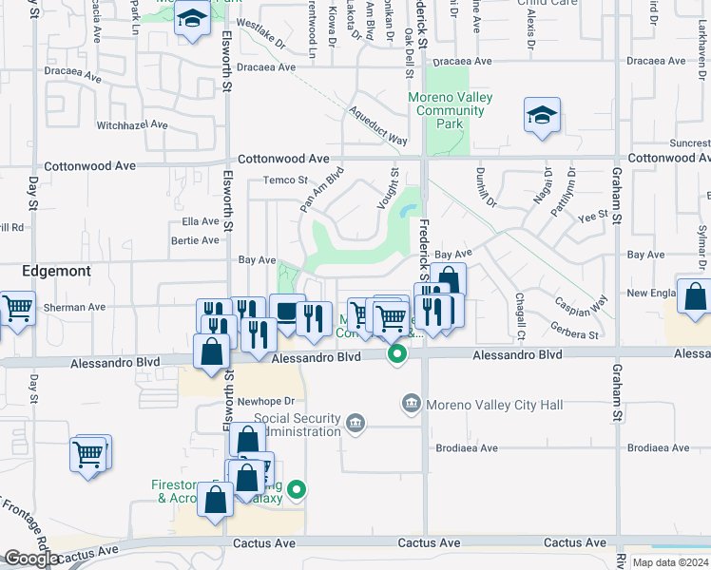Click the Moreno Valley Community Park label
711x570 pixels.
point(445,111)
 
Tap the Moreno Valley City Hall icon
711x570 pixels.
point(412,405)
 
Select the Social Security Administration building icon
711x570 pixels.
point(355,422)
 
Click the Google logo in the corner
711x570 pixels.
point(30,559)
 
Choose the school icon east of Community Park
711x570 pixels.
point(542,116)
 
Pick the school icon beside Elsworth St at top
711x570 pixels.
point(192,19)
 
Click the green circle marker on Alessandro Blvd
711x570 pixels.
point(397,354)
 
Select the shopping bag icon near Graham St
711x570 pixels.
point(695,296)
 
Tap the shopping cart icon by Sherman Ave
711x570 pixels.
point(17,308)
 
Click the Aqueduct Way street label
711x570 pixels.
point(378,125)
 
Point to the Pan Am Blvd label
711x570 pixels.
point(320,191)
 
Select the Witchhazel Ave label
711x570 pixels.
point(132,124)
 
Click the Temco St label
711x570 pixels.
point(285,180)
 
